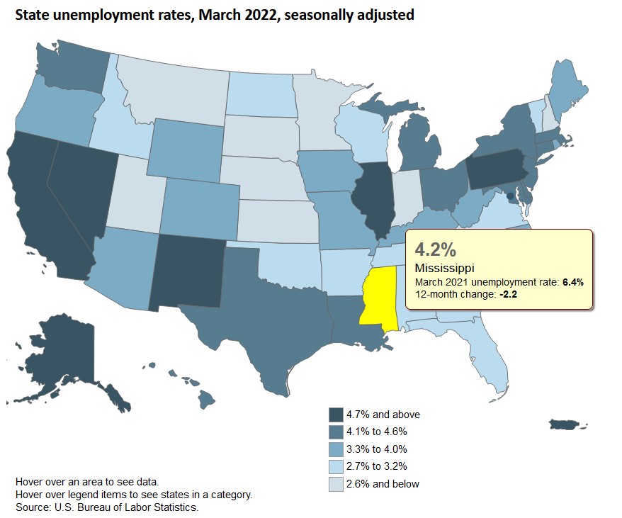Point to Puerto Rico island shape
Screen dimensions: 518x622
click(567, 424)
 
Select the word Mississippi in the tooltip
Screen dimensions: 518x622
click(444, 269)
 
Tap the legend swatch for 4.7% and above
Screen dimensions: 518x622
click(336, 415)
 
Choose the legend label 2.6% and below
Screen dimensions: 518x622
click(383, 483)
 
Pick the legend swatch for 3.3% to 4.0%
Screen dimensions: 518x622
click(336, 449)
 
